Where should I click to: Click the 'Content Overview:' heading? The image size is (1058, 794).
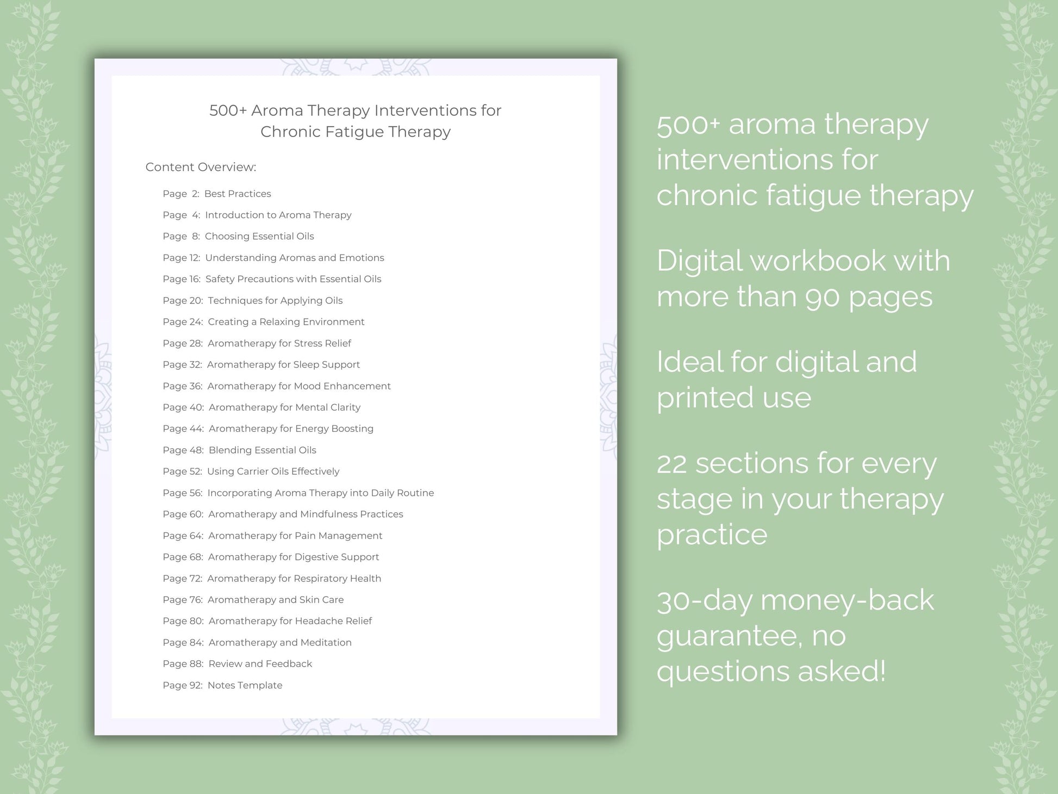coord(201,167)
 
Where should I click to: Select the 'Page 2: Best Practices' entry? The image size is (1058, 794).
coord(216,194)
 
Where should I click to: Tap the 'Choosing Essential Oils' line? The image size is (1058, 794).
coord(259,236)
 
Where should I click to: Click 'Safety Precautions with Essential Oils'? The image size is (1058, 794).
coord(293,279)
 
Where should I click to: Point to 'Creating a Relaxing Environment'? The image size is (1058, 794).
coord(286,322)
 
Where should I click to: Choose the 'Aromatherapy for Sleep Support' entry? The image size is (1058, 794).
coord(283,364)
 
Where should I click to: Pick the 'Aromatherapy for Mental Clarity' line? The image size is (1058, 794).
coord(284,407)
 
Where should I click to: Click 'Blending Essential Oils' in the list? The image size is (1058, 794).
coord(262,450)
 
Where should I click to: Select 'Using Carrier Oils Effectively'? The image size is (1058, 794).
coord(273,472)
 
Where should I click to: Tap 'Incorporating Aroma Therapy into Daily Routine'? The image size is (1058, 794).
coord(320,493)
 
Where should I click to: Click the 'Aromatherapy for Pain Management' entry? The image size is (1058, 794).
coord(295,536)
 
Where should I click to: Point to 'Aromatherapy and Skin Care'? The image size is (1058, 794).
coord(276,599)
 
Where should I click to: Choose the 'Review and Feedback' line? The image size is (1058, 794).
coord(260,663)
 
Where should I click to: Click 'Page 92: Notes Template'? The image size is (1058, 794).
coord(222,685)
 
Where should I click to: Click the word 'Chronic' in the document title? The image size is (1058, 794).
coord(290,132)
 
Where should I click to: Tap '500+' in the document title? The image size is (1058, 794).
coord(228,110)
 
